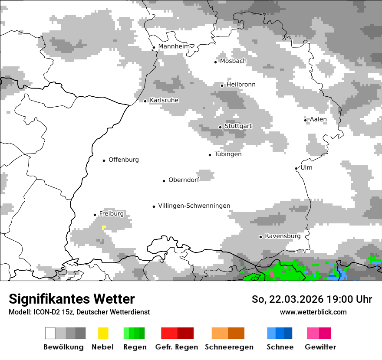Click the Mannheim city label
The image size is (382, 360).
pyautogui.click(x=174, y=46)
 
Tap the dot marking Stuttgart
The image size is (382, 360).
pyautogui.click(x=221, y=127)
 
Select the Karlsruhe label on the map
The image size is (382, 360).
pyautogui.click(x=164, y=100)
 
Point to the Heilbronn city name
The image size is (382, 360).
pyautogui.click(x=241, y=85)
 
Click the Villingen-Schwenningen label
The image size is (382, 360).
pyautogui.click(x=194, y=206)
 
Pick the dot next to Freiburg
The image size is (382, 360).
pyautogui.click(x=95, y=215)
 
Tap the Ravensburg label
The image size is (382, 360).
pyautogui.click(x=283, y=236)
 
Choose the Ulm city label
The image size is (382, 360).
pyautogui.click(x=306, y=167)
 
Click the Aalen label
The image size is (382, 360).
pyautogui.click(x=318, y=119)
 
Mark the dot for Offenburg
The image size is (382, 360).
pyautogui.click(x=104, y=160)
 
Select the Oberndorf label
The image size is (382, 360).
pyautogui.click(x=184, y=180)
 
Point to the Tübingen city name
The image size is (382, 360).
pyautogui.click(x=228, y=154)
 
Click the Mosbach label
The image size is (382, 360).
pyautogui.click(x=233, y=61)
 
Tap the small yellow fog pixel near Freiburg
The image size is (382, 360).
pyautogui.click(x=104, y=227)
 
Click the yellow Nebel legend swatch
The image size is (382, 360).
pyautogui.click(x=103, y=333)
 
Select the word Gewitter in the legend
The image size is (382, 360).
pyautogui.click(x=320, y=347)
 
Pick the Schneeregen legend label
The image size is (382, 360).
pyautogui.click(x=229, y=347)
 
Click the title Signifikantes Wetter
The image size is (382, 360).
pyautogui.click(x=72, y=299)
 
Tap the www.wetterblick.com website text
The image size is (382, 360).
pyautogui.click(x=313, y=312)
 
